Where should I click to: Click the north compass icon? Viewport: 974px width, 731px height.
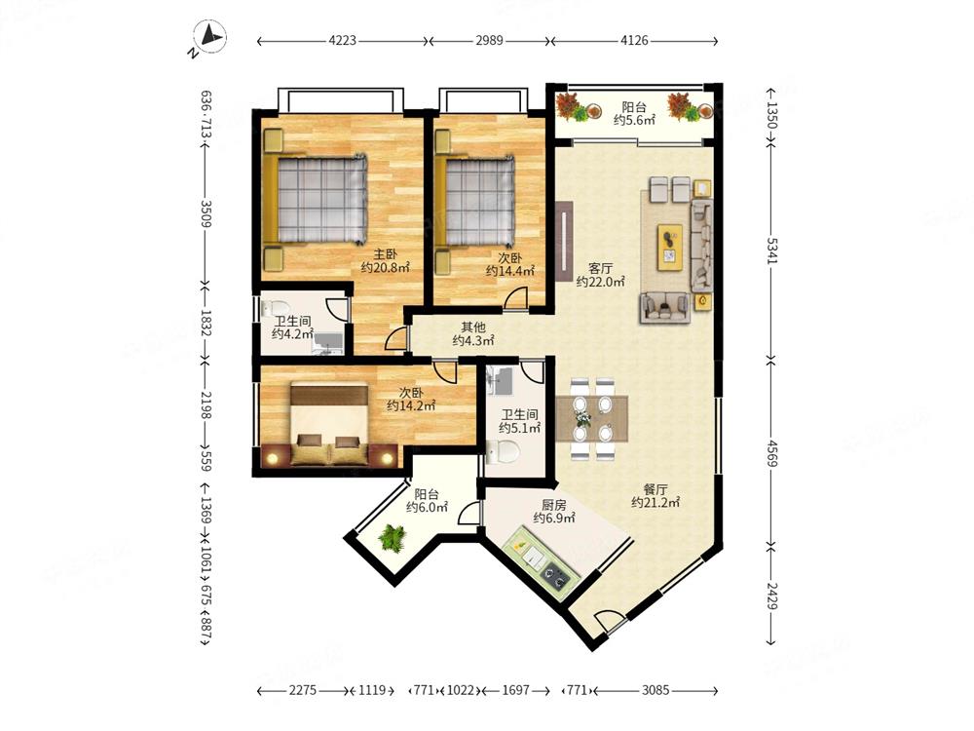(x=209, y=37)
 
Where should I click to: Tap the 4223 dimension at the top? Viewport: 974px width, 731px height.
(x=342, y=41)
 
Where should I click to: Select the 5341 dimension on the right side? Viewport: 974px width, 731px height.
(x=770, y=250)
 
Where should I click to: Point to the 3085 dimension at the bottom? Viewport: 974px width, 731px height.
(x=656, y=690)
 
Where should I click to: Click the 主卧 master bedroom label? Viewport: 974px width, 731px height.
(x=385, y=254)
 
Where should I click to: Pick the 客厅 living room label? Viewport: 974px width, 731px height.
(x=600, y=269)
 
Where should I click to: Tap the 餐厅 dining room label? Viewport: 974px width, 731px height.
(x=655, y=489)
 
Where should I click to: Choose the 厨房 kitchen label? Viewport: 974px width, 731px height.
(x=553, y=504)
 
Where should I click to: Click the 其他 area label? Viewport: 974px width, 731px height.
(x=472, y=327)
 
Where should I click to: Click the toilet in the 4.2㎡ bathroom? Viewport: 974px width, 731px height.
(x=276, y=308)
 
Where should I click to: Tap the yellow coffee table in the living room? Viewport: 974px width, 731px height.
(x=670, y=248)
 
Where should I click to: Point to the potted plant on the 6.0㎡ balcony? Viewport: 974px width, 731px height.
(x=392, y=536)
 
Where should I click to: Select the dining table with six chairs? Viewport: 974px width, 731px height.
(x=591, y=418)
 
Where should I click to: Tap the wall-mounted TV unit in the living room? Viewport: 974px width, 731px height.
(x=563, y=241)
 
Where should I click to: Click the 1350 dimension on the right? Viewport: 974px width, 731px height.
(x=770, y=115)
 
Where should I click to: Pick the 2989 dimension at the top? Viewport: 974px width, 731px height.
(x=489, y=41)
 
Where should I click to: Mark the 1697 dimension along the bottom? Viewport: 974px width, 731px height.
(x=515, y=690)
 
